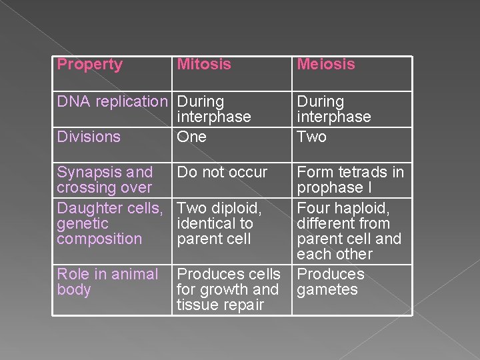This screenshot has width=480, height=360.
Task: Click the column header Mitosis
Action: (x=204, y=65)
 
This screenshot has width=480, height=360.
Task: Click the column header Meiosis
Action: (x=326, y=65)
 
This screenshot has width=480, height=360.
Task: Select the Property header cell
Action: (x=90, y=65)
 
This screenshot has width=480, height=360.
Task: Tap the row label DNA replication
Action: (x=112, y=102)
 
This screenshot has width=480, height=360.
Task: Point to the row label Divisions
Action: (x=89, y=137)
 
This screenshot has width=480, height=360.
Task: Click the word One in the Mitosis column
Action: (x=192, y=137)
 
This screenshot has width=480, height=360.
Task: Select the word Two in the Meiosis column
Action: (x=311, y=137)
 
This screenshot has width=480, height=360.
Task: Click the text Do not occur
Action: (x=223, y=173)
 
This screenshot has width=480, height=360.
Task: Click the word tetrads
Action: (x=361, y=173)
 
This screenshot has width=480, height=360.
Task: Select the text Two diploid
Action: (x=219, y=209)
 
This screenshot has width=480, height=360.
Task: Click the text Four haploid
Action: (x=343, y=209)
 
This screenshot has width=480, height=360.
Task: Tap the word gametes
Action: (x=327, y=290)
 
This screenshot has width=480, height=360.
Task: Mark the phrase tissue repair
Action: (x=220, y=305)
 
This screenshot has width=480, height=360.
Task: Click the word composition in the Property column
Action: (x=99, y=239)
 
